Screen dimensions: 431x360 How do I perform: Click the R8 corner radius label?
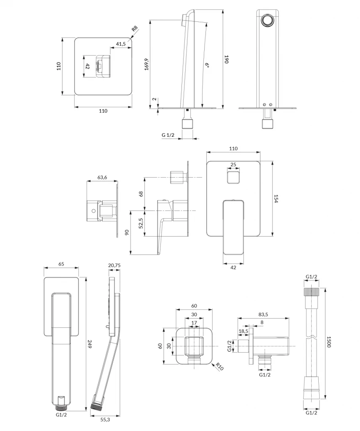tap(134, 29)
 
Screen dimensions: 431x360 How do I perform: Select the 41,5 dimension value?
tap(121, 44)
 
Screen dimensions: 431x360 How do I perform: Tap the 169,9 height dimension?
tap(147, 64)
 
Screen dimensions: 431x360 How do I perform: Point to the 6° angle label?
tap(207, 65)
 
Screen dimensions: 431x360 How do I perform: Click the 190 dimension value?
tap(226, 59)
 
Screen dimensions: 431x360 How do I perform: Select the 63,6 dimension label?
tap(102, 178)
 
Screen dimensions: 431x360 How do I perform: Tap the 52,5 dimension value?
tap(141, 223)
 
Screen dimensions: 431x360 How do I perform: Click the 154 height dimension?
tap(277, 199)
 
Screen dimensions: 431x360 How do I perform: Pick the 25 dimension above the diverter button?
tap(234, 165)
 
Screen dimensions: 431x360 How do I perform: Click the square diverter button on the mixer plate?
tap(233, 177)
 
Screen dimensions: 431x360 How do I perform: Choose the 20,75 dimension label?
tap(115, 266)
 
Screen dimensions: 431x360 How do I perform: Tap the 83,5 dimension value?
tap(264, 314)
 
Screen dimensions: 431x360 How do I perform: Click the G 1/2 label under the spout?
tap(168, 135)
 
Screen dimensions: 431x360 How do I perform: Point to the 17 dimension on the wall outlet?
tap(194, 323)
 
